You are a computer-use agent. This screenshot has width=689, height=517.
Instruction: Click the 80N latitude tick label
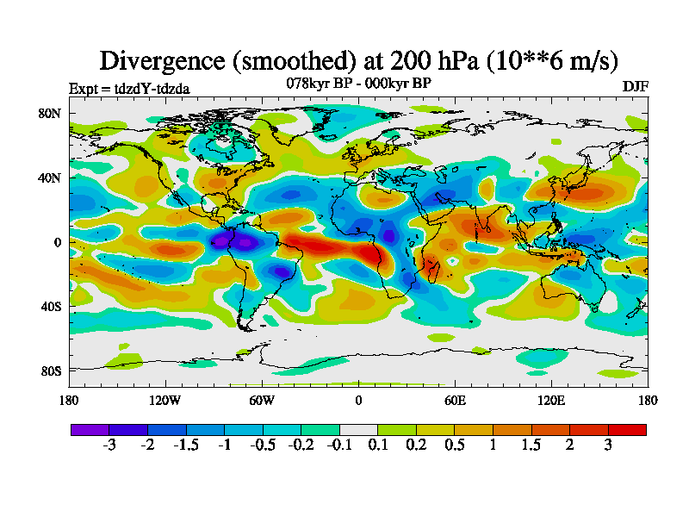(49, 113)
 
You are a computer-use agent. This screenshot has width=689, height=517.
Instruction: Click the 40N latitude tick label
(49, 178)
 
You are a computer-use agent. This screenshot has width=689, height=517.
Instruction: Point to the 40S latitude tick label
(49, 307)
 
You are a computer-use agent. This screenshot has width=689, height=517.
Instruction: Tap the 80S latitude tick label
(49, 371)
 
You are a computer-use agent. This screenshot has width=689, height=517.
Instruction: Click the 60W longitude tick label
(262, 400)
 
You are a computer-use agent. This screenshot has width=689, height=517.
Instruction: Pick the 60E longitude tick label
(455, 400)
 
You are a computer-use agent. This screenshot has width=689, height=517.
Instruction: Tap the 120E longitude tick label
(551, 400)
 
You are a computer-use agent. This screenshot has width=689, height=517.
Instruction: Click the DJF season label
(635, 87)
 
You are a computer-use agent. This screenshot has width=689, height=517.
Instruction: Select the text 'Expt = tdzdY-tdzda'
(129, 88)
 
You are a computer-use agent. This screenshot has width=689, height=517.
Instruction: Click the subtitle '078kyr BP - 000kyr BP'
(358, 83)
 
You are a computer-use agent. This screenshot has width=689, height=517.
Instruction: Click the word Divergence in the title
(166, 60)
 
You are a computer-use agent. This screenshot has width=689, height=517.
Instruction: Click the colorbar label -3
(109, 445)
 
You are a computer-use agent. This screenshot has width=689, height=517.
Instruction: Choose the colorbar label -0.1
(339, 445)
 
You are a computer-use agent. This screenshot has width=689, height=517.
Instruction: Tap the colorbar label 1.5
(531, 445)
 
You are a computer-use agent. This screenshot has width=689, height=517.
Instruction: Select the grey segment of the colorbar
(358, 429)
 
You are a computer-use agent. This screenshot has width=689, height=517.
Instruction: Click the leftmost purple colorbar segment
(90, 429)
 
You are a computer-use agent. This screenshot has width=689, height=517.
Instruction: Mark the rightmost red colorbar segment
(627, 429)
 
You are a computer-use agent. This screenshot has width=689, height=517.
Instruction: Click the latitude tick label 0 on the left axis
(57, 242)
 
